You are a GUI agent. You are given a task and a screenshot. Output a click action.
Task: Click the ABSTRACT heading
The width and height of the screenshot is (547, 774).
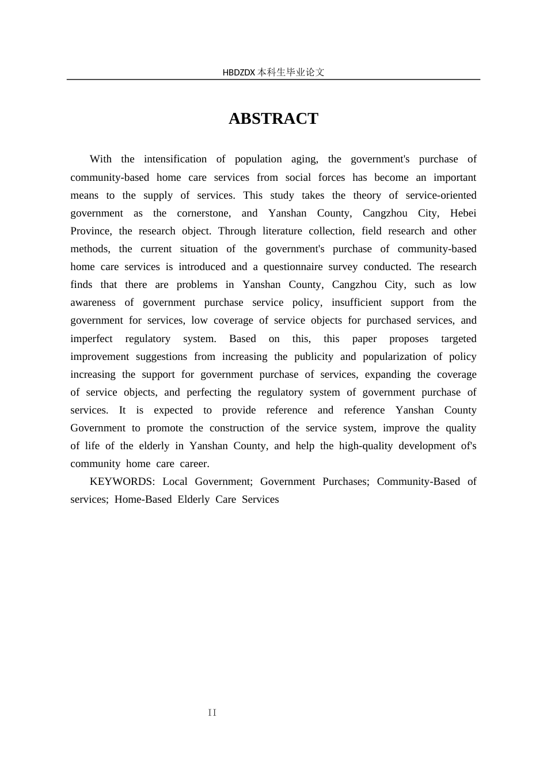click(x=273, y=119)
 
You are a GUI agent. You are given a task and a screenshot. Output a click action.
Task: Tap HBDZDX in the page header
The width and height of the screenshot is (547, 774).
click(x=238, y=73)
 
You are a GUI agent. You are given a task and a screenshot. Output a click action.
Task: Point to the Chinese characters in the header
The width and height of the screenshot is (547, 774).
click(x=291, y=73)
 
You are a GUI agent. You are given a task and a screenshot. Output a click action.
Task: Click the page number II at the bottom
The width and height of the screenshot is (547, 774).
click(x=212, y=713)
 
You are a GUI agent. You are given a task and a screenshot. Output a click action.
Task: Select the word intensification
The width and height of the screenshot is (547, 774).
click(x=175, y=159)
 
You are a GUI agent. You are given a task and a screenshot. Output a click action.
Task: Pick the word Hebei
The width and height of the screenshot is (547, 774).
click(x=463, y=213)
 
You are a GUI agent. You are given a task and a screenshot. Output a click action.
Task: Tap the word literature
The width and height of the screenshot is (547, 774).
click(x=283, y=231)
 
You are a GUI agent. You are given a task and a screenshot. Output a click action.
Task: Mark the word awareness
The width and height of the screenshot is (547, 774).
click(x=93, y=302)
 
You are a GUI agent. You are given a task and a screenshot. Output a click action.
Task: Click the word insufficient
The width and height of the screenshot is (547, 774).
click(x=356, y=302)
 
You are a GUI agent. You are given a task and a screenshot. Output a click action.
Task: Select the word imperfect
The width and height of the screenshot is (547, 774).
click(x=92, y=339)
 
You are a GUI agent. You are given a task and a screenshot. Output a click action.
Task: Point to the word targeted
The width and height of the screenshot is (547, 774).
click(x=458, y=339)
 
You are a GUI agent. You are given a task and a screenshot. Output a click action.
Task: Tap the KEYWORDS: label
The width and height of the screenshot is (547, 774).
click(x=122, y=481)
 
